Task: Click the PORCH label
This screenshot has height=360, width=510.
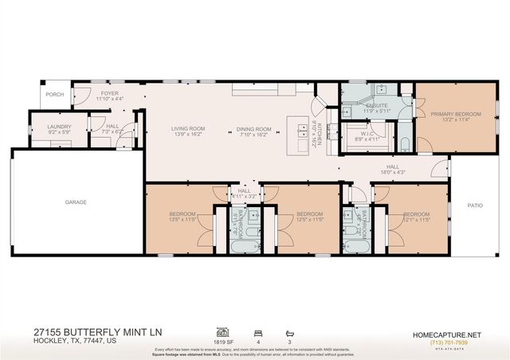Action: tap(54, 94)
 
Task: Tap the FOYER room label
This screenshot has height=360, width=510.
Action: tap(109, 93)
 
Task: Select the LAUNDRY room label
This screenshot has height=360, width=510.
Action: tap(60, 127)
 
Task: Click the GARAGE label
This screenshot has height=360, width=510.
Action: tap(76, 202)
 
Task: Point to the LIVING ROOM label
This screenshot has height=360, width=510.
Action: tap(189, 128)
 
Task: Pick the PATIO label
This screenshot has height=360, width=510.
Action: tap(475, 205)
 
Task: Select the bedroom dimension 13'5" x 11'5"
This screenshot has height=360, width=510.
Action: tap(182, 221)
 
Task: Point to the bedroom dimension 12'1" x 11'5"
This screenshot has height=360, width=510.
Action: tap(416, 221)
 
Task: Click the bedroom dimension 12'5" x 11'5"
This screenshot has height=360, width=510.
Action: tap(309, 221)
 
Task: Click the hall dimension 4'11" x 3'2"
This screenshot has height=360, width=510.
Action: tap(244, 195)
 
